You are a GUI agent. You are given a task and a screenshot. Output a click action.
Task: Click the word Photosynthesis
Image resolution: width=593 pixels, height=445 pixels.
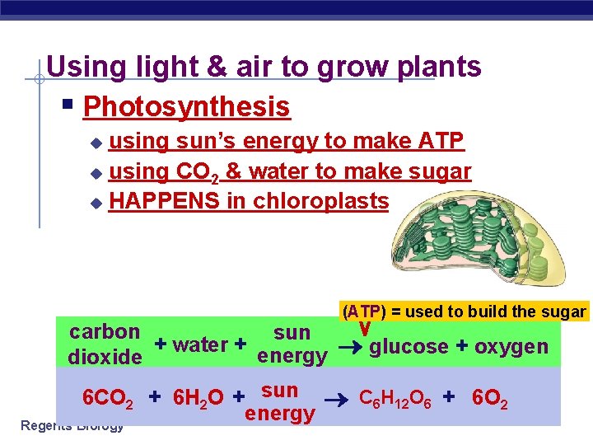point(187,107)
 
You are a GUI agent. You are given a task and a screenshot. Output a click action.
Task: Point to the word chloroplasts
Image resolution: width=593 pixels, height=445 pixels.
point(320,201)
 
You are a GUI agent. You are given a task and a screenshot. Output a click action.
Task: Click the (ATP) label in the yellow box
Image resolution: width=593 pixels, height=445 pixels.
point(363,311)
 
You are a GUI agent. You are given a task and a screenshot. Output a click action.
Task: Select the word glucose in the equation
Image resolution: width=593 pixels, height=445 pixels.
point(408,346)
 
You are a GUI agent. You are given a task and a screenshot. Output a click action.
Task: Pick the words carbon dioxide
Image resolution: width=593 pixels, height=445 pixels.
point(105,344)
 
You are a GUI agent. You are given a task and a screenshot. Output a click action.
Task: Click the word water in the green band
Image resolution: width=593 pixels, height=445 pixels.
point(201,344)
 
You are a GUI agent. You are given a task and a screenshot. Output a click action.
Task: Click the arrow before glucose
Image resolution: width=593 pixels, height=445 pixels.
point(349,347)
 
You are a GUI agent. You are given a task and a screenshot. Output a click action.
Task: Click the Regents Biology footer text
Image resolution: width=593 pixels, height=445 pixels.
point(72,426)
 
